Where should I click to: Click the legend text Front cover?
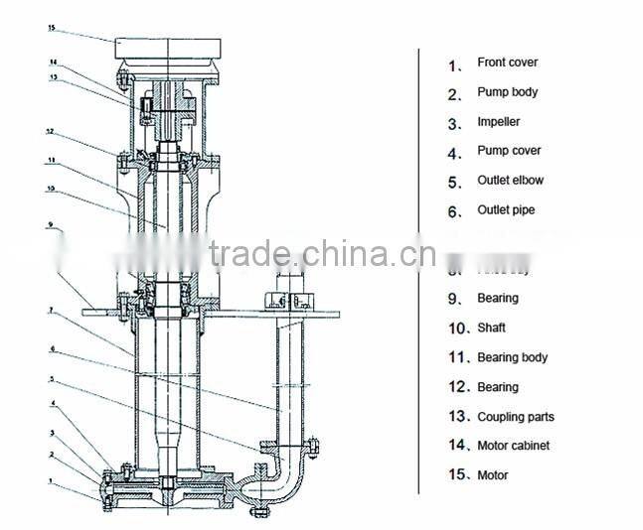click(507, 63)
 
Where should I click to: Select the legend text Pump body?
click(507, 92)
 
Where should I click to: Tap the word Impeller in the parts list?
click(498, 122)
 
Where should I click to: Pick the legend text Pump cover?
click(509, 151)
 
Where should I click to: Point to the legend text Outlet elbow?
click(510, 181)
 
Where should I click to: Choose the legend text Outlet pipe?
click(506, 210)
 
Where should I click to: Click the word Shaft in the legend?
click(491, 328)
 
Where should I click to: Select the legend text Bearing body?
click(512, 357)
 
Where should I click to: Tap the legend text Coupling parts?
click(516, 417)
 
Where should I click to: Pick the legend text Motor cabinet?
click(513, 446)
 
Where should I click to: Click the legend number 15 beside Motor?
click(456, 475)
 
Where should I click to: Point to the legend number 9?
click(454, 299)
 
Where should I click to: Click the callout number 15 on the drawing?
click(51, 28)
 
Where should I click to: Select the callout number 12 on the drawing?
click(50, 131)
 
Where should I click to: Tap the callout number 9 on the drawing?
click(50, 225)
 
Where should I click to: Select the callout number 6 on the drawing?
click(50, 349)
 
